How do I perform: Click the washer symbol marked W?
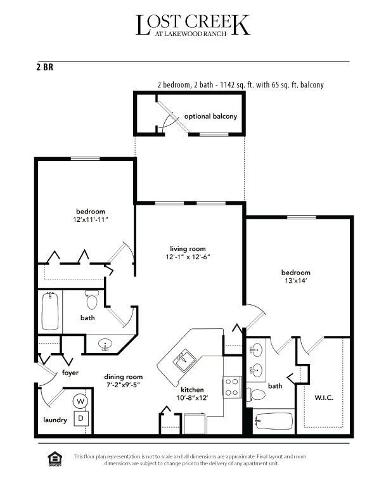pyautogui.click(x=80, y=401)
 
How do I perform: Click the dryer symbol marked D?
pyautogui.click(x=81, y=418)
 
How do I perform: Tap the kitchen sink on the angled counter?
pyautogui.click(x=184, y=360)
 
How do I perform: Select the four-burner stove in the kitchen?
pyautogui.click(x=232, y=387)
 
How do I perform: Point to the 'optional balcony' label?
pyautogui.click(x=210, y=116)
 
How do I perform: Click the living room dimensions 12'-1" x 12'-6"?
pyautogui.click(x=188, y=257)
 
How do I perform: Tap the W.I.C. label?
pyautogui.click(x=324, y=398)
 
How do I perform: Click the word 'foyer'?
pyautogui.click(x=70, y=373)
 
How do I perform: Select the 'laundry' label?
pyautogui.click(x=55, y=420)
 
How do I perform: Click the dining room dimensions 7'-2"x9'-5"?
pyautogui.click(x=123, y=385)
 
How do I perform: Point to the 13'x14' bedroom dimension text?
pyautogui.click(x=296, y=281)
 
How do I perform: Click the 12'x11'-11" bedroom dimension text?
pyautogui.click(x=91, y=219)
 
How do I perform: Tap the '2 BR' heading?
pyautogui.click(x=44, y=68)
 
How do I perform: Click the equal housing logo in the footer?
pyautogui.click(x=55, y=458)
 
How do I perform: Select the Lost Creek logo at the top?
pyautogui.click(x=193, y=25)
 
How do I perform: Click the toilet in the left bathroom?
pyautogui.click(x=91, y=300)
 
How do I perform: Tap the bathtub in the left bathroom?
pyautogui.click(x=51, y=311)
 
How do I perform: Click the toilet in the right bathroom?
pyautogui.click(x=256, y=394)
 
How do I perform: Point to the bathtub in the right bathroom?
pyautogui.click(x=274, y=421)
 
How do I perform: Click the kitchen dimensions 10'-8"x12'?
pyautogui.click(x=192, y=397)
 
